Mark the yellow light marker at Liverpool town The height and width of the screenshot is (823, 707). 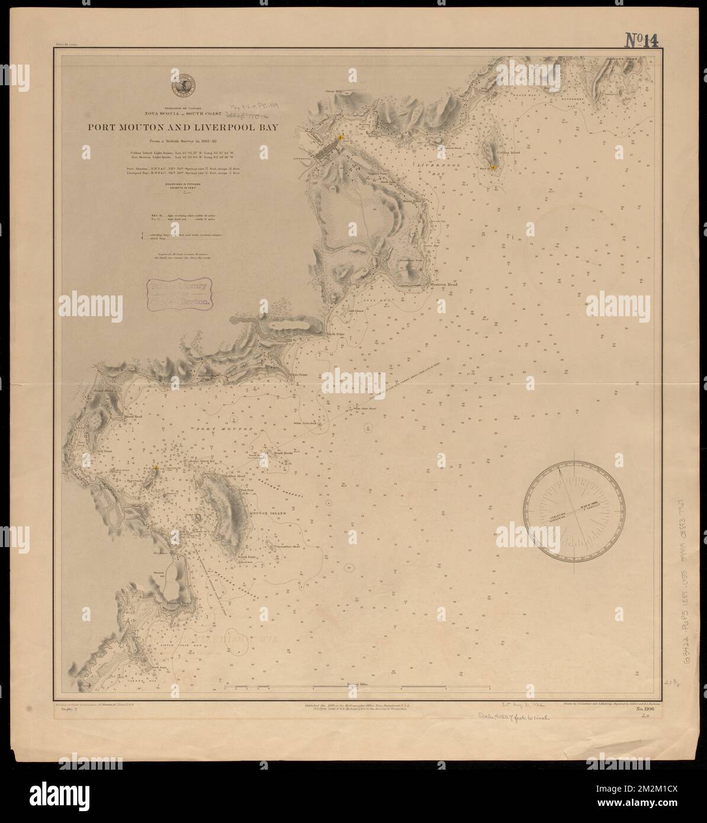(341, 137)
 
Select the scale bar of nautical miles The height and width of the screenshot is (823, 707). (358, 688)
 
